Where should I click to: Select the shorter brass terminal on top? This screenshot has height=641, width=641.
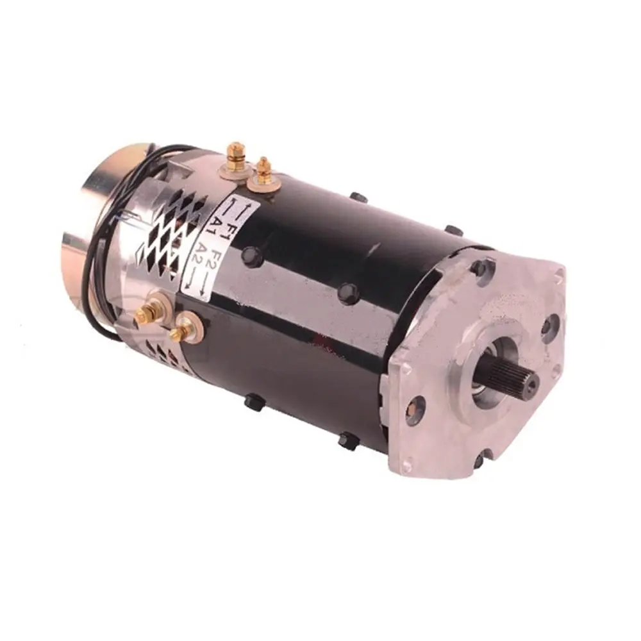click(x=263, y=171)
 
